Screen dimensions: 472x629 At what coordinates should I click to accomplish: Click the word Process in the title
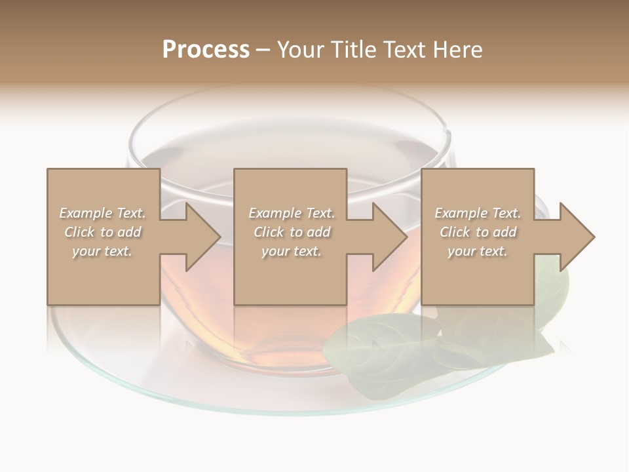pyautogui.click(x=206, y=50)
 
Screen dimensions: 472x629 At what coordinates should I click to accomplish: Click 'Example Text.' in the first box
pyautogui.click(x=102, y=213)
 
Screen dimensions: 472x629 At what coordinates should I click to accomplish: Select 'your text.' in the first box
pyautogui.click(x=102, y=251)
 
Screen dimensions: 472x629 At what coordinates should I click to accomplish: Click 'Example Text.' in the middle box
pyautogui.click(x=292, y=213)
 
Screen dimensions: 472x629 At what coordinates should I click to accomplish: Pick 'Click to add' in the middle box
pyautogui.click(x=292, y=232)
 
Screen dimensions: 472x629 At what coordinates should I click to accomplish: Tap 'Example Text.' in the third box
pyautogui.click(x=478, y=213)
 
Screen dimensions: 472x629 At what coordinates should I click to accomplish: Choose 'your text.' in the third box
pyautogui.click(x=478, y=251)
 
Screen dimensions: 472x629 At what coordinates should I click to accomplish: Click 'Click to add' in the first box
pyautogui.click(x=102, y=232)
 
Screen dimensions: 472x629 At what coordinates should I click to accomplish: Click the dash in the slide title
pyautogui.click(x=263, y=50)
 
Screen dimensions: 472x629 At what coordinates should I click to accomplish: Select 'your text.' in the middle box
pyautogui.click(x=292, y=251)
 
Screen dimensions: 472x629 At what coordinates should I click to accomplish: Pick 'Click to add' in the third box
pyautogui.click(x=478, y=232)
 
